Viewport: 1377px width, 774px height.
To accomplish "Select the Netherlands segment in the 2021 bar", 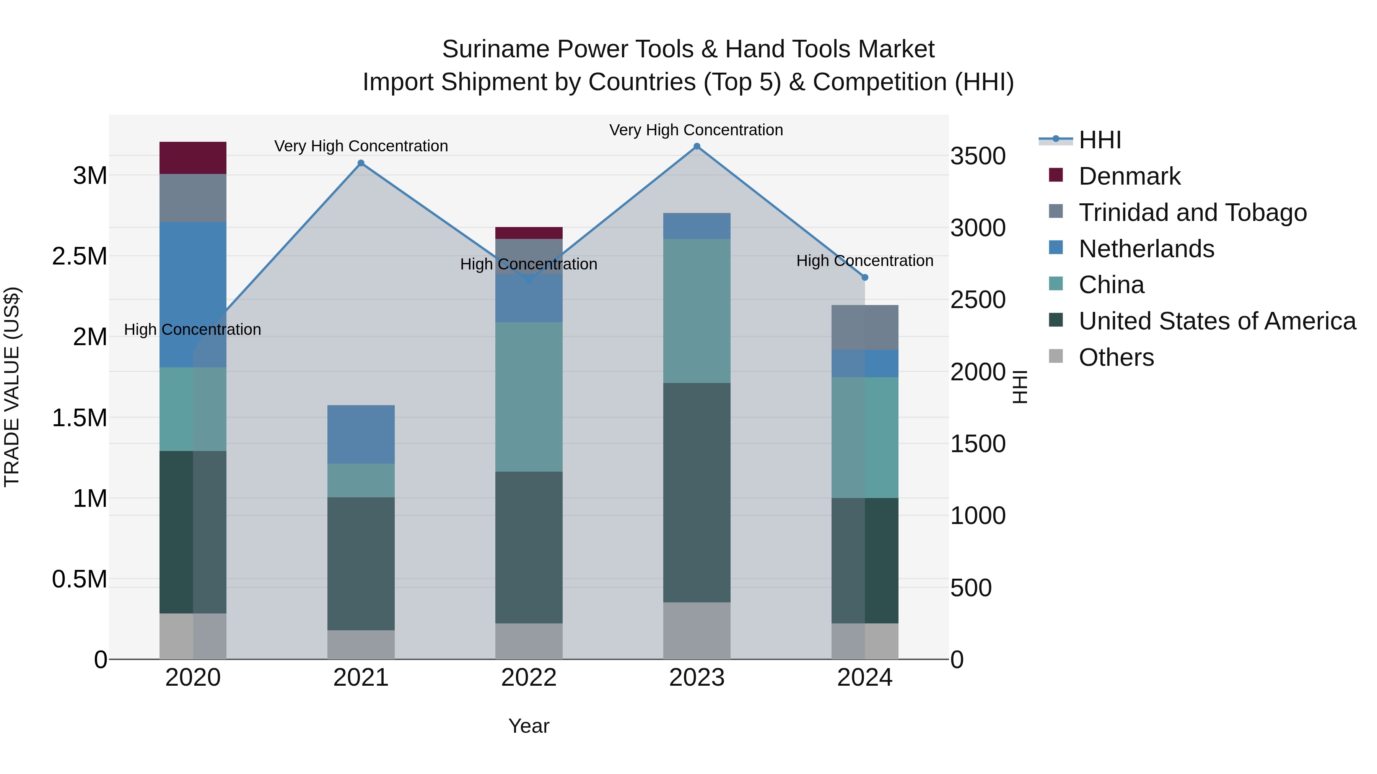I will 361,434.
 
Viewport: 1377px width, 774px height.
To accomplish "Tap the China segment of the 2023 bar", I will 697,310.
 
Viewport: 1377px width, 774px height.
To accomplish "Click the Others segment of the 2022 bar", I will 529,641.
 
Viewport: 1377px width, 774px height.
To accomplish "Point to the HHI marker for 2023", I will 697,146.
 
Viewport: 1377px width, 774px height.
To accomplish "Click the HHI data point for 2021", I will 361,163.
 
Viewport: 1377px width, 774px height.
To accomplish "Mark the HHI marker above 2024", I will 865,277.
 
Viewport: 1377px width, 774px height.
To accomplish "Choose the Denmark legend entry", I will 1129,176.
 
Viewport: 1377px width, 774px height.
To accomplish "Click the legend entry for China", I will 1111,285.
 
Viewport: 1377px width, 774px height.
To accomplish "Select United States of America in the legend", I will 1217,321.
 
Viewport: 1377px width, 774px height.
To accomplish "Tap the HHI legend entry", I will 1099,140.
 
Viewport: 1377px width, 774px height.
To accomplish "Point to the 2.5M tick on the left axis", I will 80,256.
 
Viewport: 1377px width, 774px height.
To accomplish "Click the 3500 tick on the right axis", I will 978,156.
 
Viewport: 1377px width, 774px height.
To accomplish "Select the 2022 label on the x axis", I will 529,678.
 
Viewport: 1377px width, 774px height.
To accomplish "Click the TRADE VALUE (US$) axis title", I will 12,387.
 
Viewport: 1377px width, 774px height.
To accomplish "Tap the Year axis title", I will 529,726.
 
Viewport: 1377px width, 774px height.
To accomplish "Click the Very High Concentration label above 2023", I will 696,130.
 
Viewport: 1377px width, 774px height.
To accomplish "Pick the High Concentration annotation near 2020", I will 192,329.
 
